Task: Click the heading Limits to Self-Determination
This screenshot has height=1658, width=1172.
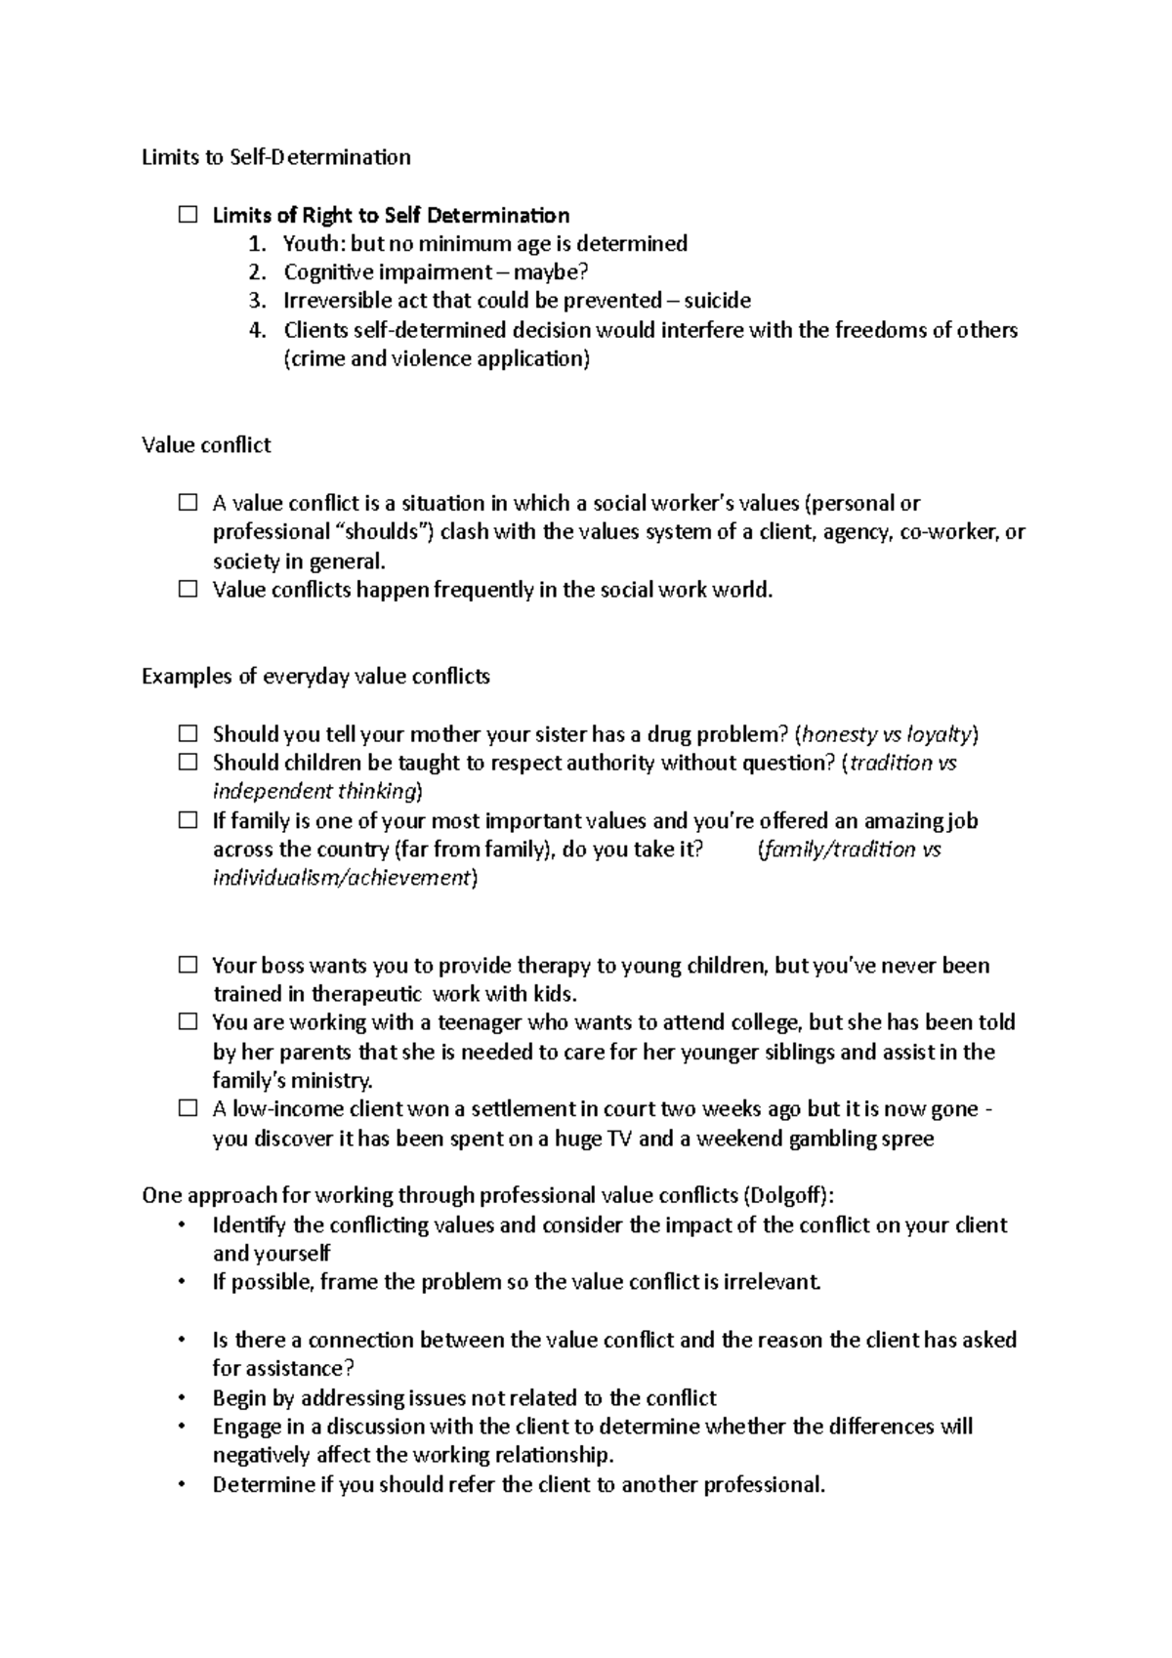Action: tap(276, 157)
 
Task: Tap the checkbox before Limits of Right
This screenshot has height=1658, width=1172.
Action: tap(188, 215)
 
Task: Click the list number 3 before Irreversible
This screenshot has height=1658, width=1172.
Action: tap(257, 301)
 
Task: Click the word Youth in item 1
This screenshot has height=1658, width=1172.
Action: tap(308, 243)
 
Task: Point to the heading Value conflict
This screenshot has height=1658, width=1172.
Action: tap(206, 445)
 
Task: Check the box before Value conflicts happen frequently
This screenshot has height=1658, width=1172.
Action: tap(188, 590)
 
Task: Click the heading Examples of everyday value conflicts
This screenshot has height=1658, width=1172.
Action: tap(315, 677)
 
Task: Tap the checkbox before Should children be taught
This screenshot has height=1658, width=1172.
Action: tap(188, 763)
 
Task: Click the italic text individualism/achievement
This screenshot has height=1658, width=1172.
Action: tap(342, 878)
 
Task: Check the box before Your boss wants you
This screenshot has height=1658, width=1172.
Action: tap(188, 966)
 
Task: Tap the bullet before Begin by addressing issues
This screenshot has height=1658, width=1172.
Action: tap(183, 1398)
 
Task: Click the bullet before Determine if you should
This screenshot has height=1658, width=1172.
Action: tap(183, 1485)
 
